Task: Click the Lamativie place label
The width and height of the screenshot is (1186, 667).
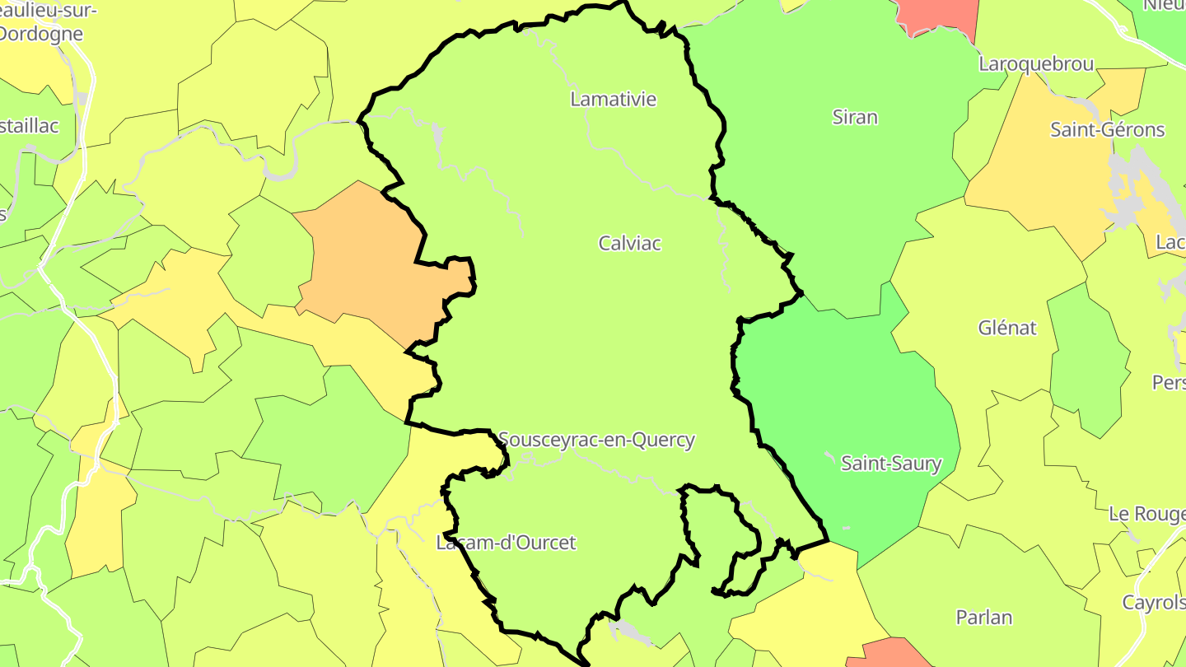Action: (614, 100)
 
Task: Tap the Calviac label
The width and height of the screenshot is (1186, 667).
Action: (630, 244)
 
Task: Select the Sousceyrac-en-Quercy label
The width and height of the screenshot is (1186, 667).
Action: (596, 441)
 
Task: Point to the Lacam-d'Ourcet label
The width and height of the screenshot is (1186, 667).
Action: (506, 543)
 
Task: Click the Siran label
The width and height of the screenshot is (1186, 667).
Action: (855, 118)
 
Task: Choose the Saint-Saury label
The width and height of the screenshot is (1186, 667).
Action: (890, 464)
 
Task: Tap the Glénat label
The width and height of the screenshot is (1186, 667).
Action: (1006, 328)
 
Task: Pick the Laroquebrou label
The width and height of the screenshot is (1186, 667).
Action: (1036, 64)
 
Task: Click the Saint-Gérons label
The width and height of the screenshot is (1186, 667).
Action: (1107, 130)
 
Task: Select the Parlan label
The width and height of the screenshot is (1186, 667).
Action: (984, 618)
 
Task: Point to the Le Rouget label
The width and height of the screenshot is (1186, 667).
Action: (1146, 514)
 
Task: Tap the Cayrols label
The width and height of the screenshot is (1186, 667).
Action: (1153, 603)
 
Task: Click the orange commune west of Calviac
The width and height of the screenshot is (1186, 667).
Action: (371, 264)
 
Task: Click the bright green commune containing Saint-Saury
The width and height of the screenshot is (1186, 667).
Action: (848, 395)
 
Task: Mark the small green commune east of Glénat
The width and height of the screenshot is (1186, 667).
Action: (1087, 354)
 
